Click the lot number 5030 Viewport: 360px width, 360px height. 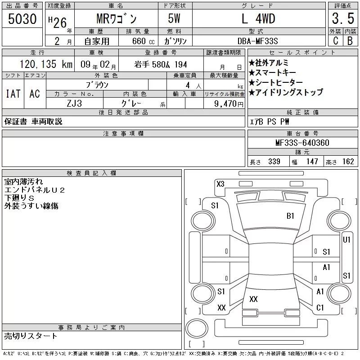22,19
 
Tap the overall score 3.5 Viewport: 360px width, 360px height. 343,18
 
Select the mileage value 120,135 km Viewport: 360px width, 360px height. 46,64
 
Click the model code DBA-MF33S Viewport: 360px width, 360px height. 257,41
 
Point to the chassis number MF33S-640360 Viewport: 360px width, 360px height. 302,143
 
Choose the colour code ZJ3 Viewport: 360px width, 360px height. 74,103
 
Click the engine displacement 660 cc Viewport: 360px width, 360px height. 143,41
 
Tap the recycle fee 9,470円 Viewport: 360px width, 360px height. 229,104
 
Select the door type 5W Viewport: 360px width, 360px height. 174,18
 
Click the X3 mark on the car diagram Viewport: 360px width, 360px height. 220,184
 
